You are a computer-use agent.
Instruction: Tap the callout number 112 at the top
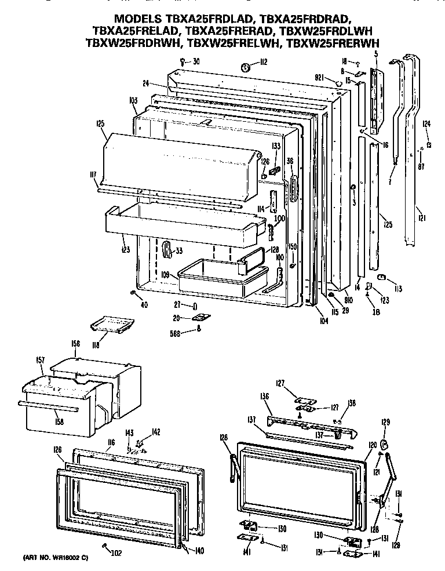(x=262, y=63)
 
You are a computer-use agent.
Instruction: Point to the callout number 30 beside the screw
(x=196, y=61)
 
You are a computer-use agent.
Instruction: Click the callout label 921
(x=319, y=77)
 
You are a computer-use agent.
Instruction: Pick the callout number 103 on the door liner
(x=133, y=101)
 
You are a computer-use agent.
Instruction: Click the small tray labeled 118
(x=112, y=326)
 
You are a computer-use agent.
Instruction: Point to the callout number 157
(x=40, y=361)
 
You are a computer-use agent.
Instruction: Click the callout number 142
(x=155, y=431)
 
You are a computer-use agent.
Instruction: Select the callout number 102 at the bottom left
(x=116, y=552)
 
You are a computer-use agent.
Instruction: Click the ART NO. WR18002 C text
(x=56, y=558)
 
